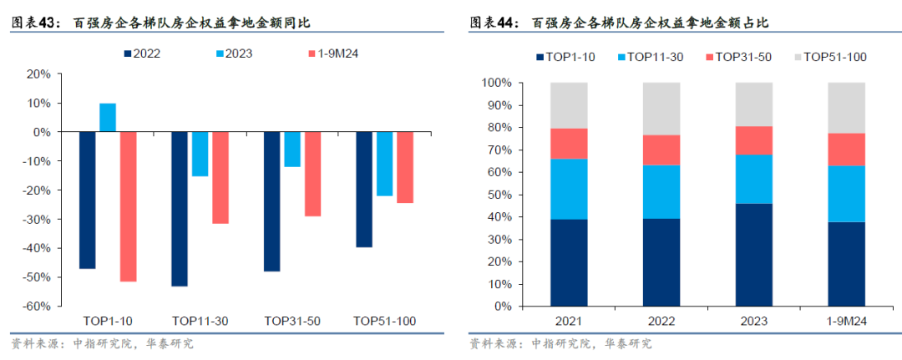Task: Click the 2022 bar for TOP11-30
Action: (180, 209)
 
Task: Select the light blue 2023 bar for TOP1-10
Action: (108, 118)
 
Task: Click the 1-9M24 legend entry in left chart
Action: (339, 54)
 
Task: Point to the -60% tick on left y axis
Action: (38, 307)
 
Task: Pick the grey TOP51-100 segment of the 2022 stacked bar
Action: (661, 109)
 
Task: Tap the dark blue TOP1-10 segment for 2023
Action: (753, 255)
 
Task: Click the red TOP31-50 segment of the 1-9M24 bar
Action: (846, 150)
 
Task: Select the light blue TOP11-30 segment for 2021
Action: (569, 189)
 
